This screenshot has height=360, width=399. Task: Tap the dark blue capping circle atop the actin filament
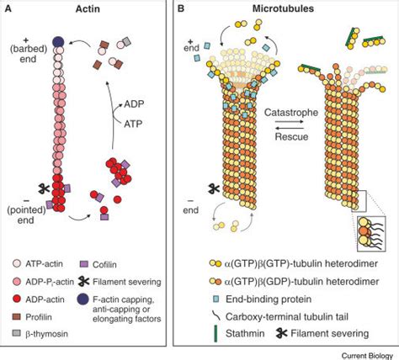(58, 41)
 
